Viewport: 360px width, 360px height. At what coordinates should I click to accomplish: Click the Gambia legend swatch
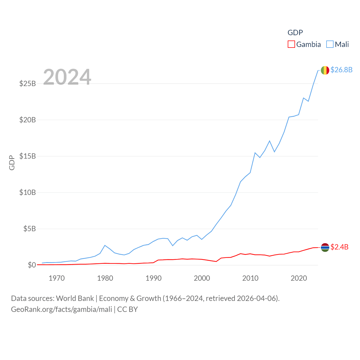[291, 44]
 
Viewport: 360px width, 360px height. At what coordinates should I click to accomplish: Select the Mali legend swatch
[330, 44]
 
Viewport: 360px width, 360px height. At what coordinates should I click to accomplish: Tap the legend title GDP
[295, 33]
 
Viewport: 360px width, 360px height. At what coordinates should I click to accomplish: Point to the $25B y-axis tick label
[28, 84]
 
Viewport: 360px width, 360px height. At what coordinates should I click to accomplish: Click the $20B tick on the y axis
[28, 120]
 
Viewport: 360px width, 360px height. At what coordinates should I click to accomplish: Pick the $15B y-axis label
[28, 156]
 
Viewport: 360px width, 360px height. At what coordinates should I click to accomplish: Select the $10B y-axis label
[28, 192]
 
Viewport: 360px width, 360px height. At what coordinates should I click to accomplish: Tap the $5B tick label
[30, 229]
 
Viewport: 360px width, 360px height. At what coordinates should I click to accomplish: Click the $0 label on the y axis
[32, 265]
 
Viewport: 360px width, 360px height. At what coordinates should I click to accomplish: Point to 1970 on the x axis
[57, 278]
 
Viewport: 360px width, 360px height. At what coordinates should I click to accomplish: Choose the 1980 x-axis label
[105, 278]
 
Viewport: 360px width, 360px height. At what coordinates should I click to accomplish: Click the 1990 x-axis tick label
[154, 278]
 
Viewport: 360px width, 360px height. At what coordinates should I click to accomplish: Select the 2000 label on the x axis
[202, 278]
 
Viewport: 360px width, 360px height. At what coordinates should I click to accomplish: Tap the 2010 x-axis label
[250, 278]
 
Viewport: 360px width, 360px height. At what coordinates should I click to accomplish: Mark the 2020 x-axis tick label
[299, 278]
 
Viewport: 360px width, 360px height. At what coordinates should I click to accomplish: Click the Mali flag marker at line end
[325, 70]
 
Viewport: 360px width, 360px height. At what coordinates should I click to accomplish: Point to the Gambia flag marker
[325, 247]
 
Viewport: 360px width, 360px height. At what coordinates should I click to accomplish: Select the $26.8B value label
[341, 70]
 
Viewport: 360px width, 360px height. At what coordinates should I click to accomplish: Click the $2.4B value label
[339, 247]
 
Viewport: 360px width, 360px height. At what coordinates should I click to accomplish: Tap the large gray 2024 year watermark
[67, 77]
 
